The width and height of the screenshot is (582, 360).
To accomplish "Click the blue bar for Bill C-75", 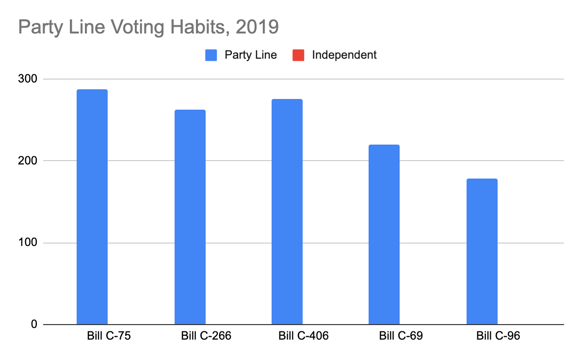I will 92,207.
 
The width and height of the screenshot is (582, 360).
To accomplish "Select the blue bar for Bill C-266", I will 190,217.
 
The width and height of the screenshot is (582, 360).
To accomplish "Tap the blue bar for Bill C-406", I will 287,212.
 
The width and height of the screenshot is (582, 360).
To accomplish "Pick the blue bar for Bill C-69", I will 384,235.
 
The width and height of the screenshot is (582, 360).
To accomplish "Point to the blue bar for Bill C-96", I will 482,252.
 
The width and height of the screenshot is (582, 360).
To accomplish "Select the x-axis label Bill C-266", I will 206,336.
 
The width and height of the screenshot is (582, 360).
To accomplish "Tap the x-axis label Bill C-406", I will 304,336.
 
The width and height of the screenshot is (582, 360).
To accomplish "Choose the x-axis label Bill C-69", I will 401,336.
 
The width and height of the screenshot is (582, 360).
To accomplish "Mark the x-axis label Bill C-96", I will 498,336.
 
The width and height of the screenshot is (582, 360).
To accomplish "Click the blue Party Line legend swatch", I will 211,55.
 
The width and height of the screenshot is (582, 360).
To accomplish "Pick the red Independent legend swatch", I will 298,55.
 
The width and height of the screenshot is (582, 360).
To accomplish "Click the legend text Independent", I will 344,55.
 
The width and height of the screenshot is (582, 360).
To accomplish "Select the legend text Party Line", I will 251,55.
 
